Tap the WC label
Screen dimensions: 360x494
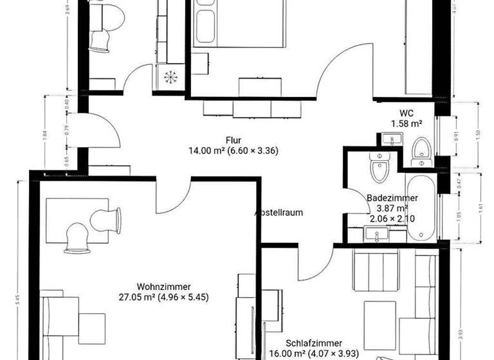(407, 113)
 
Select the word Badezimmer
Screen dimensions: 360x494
(393, 199)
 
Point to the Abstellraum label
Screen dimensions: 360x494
(279, 212)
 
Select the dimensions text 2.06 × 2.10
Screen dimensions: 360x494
(392, 219)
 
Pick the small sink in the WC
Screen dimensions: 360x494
(390, 139)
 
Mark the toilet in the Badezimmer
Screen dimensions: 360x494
(380, 168)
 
